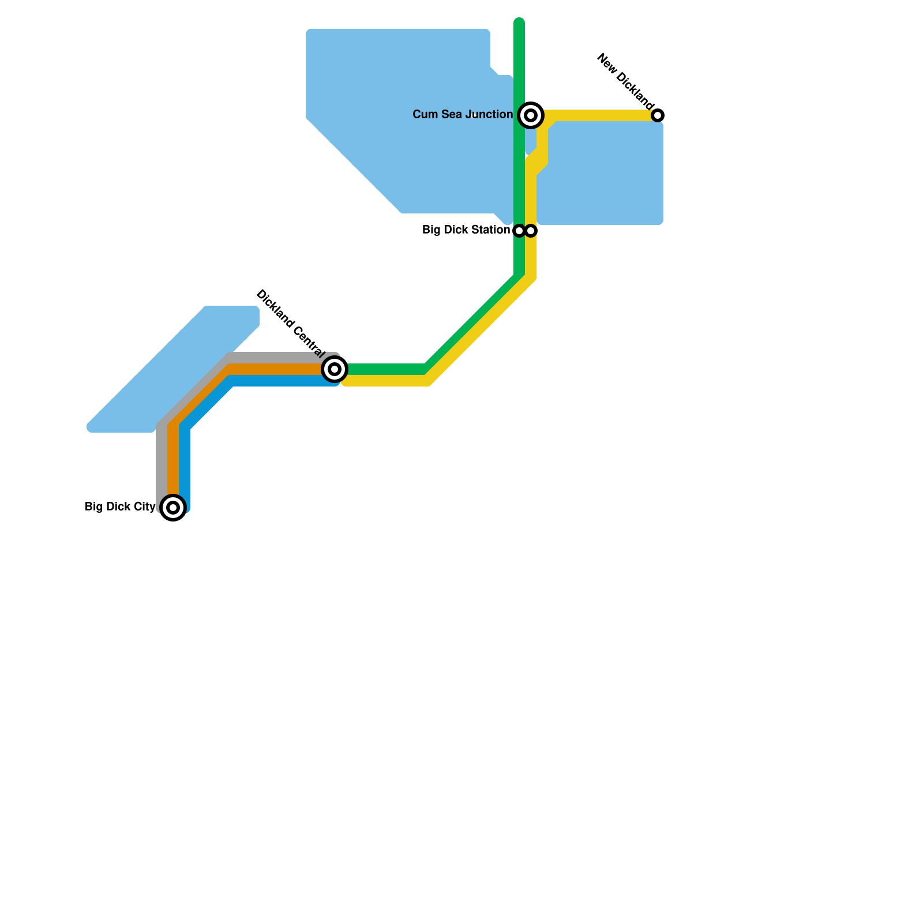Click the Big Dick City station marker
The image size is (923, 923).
(x=173, y=508)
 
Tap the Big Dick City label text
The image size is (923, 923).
(x=120, y=507)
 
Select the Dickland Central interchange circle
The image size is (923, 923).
(x=335, y=369)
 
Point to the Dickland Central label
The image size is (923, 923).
(x=290, y=322)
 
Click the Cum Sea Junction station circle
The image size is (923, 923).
(x=531, y=115)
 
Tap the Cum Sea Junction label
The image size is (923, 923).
(x=463, y=115)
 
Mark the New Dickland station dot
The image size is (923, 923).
(x=658, y=115)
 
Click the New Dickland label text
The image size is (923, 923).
(x=625, y=82)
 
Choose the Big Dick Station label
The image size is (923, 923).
(x=466, y=230)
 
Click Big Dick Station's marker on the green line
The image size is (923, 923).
(x=519, y=231)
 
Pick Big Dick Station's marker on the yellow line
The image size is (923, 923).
(x=531, y=231)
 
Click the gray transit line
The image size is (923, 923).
(x=162, y=461)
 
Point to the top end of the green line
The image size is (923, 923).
(x=519, y=23)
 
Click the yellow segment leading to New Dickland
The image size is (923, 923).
(x=600, y=115)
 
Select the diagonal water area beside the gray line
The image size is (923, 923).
(x=173, y=369)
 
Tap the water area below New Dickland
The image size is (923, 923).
(x=603, y=173)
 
